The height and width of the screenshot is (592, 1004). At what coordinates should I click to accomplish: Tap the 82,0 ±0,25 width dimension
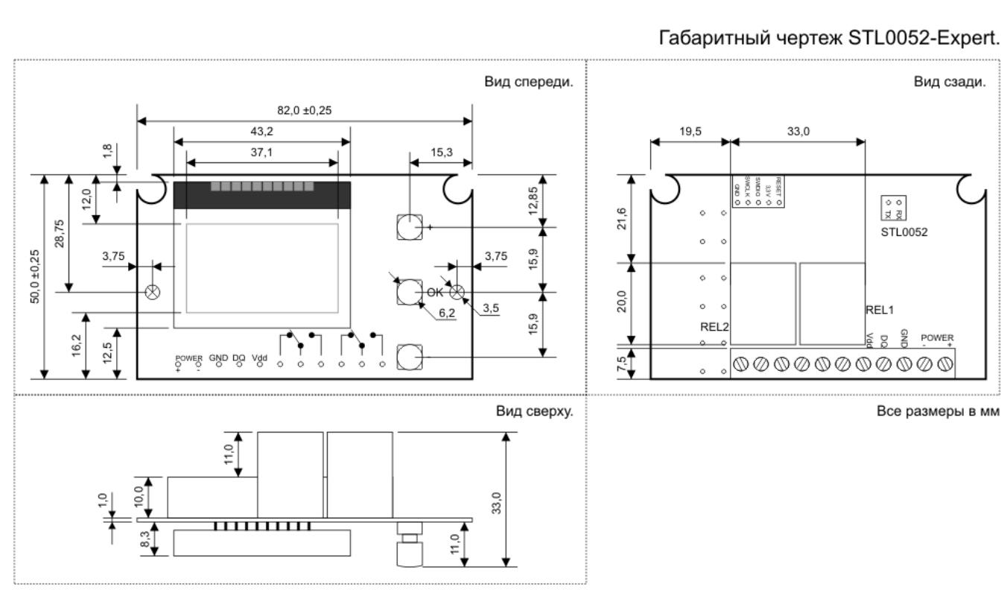[x=305, y=109]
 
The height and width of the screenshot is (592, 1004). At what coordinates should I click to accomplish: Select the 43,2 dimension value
[x=261, y=130]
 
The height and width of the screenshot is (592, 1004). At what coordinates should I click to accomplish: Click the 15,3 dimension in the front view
[x=442, y=150]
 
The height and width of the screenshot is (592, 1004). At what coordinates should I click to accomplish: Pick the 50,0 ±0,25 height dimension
[x=35, y=277]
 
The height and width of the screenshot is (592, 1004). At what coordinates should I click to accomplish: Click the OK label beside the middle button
[x=435, y=292]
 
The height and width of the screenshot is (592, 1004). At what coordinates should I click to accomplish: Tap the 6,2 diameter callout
[x=447, y=313]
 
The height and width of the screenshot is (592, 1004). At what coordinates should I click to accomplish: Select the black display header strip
[x=261, y=194]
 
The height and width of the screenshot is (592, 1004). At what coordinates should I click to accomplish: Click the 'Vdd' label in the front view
[x=260, y=357]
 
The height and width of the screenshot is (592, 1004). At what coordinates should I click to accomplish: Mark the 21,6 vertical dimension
[x=623, y=219]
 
